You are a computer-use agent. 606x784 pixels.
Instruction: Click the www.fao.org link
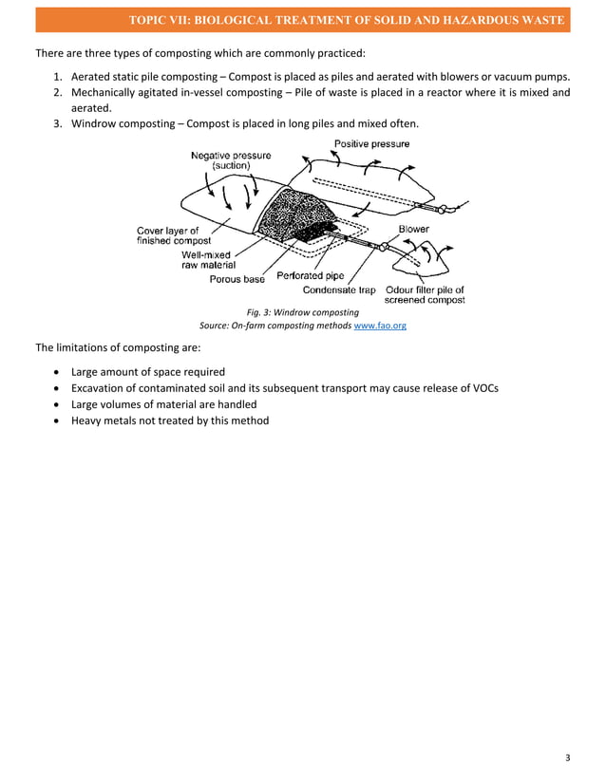pyautogui.click(x=380, y=325)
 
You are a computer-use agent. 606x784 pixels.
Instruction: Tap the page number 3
pyautogui.click(x=567, y=756)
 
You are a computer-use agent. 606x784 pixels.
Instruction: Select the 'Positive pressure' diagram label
pyautogui.click(x=371, y=144)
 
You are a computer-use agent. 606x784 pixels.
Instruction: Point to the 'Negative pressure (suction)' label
pyautogui.click(x=231, y=161)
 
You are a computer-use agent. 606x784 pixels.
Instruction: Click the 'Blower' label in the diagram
pyautogui.click(x=413, y=230)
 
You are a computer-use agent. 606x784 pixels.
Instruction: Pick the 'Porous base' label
pyautogui.click(x=237, y=279)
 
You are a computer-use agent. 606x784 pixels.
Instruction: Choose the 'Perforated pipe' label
pyautogui.click(x=310, y=276)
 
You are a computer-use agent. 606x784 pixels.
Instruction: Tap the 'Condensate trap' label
pyautogui.click(x=339, y=290)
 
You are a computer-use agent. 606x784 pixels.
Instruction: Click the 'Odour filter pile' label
pyautogui.click(x=425, y=290)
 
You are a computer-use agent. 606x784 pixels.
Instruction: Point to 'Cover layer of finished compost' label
pyautogui.click(x=173, y=235)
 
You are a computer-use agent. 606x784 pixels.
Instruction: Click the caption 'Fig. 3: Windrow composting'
pyautogui.click(x=302, y=312)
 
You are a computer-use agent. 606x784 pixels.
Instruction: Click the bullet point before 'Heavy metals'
pyautogui.click(x=59, y=421)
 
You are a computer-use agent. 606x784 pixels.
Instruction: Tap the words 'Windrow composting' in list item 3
pyautogui.click(x=125, y=124)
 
